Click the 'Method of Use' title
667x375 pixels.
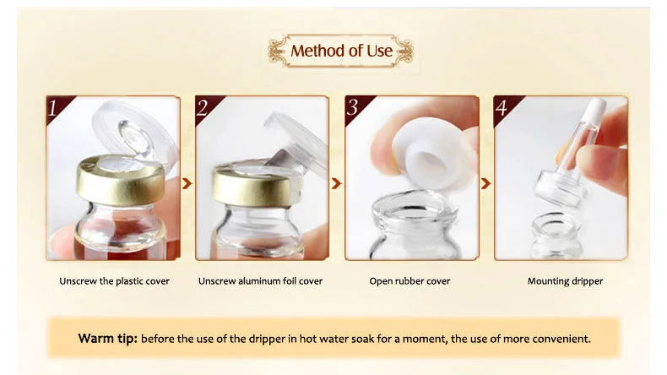(341, 51)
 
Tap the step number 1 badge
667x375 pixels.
(55, 108)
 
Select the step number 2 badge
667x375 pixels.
(203, 108)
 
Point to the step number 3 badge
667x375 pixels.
(354, 108)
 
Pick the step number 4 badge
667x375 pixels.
(502, 108)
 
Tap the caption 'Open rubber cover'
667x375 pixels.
(409, 281)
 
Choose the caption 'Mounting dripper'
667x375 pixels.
(565, 281)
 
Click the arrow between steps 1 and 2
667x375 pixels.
(187, 182)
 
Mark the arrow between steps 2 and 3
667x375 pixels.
(336, 182)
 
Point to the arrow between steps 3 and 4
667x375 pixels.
(485, 182)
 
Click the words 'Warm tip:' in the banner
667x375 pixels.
(107, 339)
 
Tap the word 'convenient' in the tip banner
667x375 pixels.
(558, 339)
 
